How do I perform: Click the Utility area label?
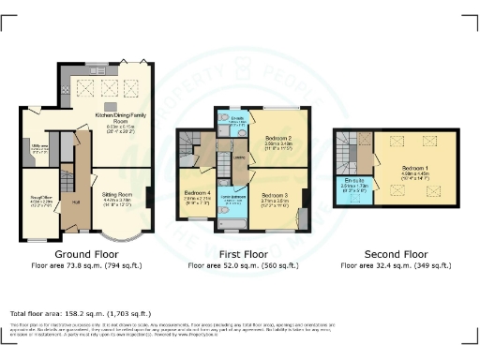click(39, 147)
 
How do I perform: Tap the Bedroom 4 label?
click(198, 197)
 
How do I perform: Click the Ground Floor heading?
click(85, 254)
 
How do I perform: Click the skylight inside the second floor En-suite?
click(344, 194)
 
